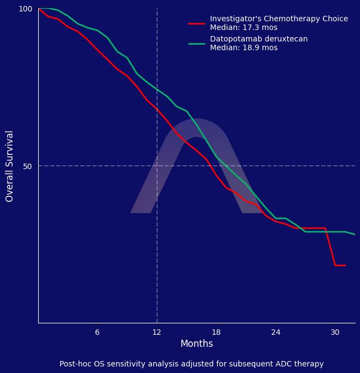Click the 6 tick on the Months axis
pyautogui.click(x=97, y=332)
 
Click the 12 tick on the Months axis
pyautogui.click(x=157, y=332)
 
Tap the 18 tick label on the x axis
pyautogui.click(x=216, y=332)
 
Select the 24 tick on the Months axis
pyautogui.click(x=275, y=332)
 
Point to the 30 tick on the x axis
pyautogui.click(x=335, y=332)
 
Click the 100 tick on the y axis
pyautogui.click(x=26, y=9)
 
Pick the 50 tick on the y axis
pyautogui.click(x=28, y=166)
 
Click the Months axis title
pyautogui.click(x=196, y=344)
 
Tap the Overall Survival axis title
pyautogui.click(x=10, y=166)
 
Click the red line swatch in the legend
pyautogui.click(x=196, y=23)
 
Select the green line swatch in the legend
pyautogui.click(x=196, y=44)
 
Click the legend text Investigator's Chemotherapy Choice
pyautogui.click(x=279, y=19)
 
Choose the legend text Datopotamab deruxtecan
pyautogui.click(x=259, y=39)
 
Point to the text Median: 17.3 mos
pyautogui.click(x=243, y=28)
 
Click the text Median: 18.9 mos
pyautogui.click(x=243, y=48)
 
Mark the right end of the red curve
pyautogui.click(x=345, y=266)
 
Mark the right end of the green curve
pyautogui.click(x=355, y=234)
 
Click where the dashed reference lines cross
pyautogui.click(x=157, y=166)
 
